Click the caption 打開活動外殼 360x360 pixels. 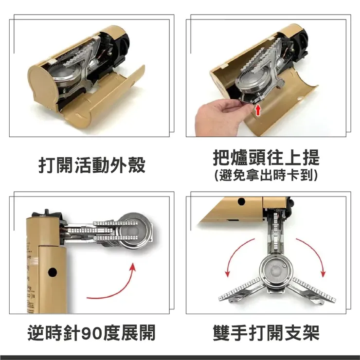point(92,165)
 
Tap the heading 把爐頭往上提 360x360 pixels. point(266,158)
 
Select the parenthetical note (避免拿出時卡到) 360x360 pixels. point(266,176)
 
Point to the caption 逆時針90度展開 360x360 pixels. point(91,332)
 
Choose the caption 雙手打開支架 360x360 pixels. point(266,332)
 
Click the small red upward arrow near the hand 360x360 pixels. point(258,110)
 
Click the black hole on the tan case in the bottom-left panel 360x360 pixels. point(53,272)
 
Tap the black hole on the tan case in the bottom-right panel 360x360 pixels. point(241,201)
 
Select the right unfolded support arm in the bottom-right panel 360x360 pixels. point(312,290)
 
